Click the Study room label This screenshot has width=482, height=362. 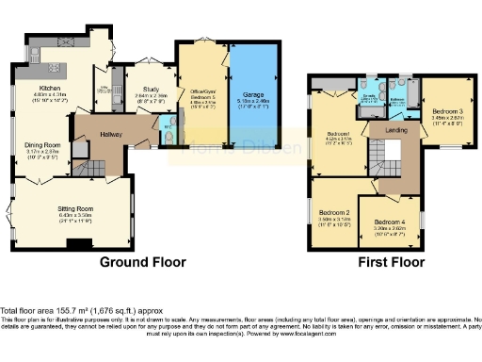click(x=145, y=89)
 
